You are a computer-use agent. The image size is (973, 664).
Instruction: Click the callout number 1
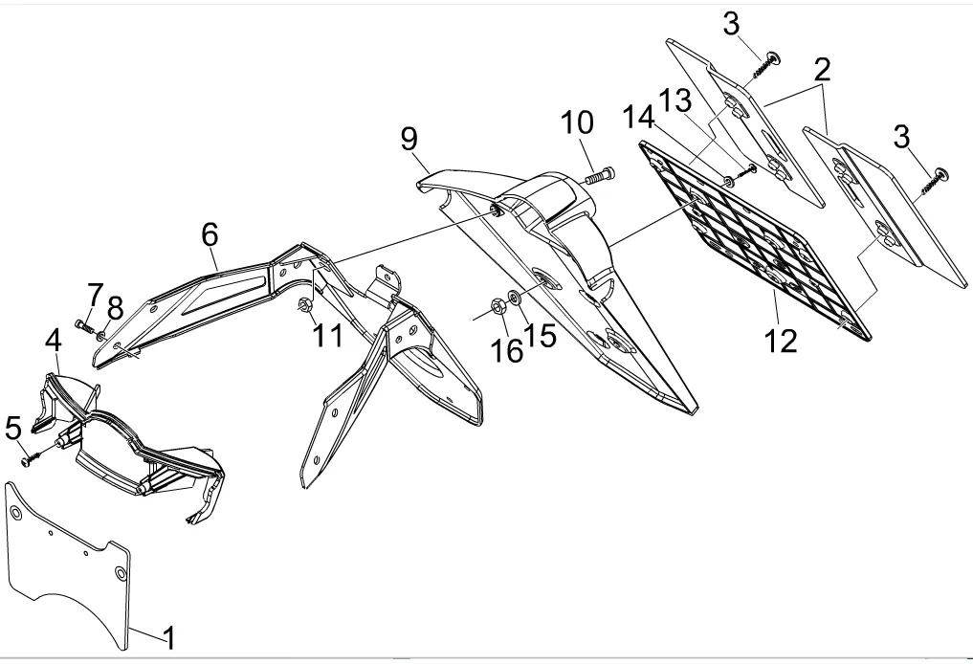168,636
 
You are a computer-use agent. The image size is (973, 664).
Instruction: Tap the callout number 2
822,70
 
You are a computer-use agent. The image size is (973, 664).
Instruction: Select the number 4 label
54,340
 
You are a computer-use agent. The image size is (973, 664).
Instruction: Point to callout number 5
13,428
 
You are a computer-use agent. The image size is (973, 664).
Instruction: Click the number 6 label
210,233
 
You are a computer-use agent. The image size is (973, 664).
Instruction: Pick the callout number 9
409,140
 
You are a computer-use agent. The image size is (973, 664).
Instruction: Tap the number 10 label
577,123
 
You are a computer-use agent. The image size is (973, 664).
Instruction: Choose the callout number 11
328,336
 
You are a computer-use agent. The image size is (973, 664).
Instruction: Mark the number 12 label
781,339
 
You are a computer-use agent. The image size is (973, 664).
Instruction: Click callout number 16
508,351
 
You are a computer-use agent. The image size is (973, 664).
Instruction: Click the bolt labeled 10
599,175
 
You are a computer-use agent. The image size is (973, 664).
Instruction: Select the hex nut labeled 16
498,306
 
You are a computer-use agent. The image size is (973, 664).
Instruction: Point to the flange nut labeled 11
302,306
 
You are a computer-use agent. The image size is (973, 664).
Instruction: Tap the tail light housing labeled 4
134,440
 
